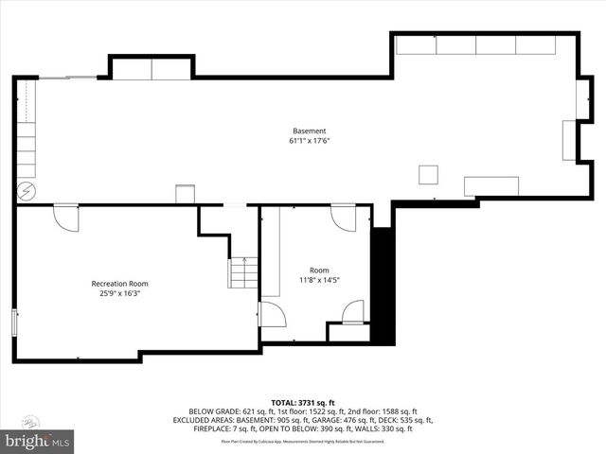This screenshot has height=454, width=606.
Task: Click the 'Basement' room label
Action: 309,131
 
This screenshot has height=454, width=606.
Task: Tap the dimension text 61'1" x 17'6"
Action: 309,141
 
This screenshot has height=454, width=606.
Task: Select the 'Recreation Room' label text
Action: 119,284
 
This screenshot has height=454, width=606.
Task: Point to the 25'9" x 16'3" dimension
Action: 119,293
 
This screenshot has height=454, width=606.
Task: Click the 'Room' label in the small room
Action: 319,271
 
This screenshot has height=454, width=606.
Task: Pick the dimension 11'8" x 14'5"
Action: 319,280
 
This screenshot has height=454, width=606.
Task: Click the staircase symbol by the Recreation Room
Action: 243,272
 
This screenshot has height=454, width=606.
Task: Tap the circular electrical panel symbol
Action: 26,191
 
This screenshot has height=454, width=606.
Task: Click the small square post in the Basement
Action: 429,174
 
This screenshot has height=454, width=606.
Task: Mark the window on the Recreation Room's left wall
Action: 14,322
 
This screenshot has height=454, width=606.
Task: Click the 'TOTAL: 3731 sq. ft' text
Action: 303,402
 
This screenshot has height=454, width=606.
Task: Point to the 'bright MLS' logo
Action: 38,440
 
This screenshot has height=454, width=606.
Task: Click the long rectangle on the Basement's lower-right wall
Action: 490,185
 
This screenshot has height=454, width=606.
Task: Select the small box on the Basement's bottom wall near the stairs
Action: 185,194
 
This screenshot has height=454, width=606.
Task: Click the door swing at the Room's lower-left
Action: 272,315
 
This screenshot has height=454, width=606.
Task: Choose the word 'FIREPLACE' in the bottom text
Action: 193,429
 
